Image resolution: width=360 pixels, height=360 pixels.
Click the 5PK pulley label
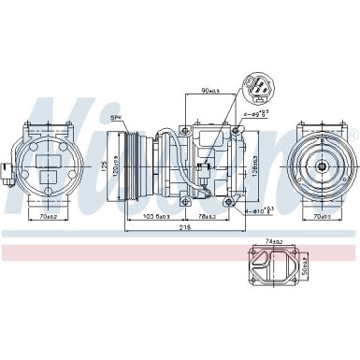[x=116, y=119]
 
